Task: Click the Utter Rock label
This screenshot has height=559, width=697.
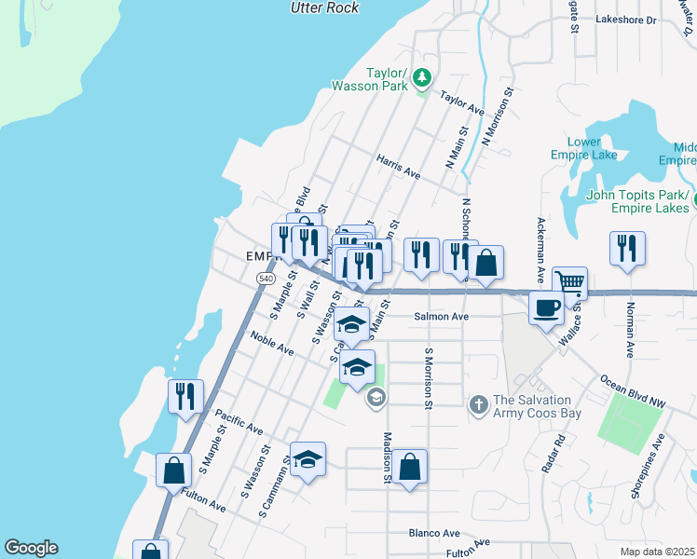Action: [x=323, y=7]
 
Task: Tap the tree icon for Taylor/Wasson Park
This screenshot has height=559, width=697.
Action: [x=423, y=75]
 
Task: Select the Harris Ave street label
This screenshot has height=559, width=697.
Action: [x=398, y=167]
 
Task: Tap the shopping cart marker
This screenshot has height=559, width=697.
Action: [x=569, y=281]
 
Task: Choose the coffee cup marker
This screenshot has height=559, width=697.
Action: [x=546, y=307]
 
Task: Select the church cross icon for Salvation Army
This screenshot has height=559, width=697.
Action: [x=478, y=403]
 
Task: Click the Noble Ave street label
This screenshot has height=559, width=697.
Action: [x=271, y=348]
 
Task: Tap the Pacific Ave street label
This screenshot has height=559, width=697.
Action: [x=239, y=421]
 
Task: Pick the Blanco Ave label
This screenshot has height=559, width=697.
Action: [x=434, y=534]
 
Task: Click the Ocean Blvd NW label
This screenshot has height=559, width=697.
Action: [x=633, y=392]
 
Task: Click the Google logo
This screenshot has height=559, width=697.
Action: [x=31, y=548]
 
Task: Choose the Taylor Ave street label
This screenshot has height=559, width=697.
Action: [x=462, y=102]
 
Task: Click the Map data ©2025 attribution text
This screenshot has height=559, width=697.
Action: [x=658, y=552]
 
